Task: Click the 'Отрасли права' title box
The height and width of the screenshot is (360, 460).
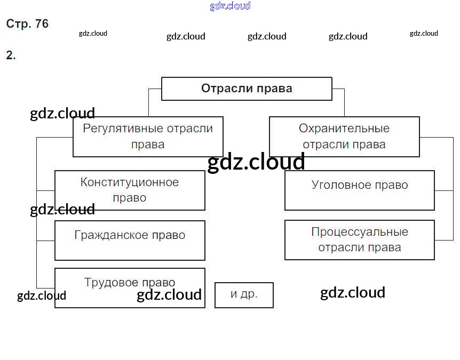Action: (x=247, y=89)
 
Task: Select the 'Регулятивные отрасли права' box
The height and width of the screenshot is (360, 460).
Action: (x=148, y=137)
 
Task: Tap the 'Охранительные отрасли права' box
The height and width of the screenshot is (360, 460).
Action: (x=344, y=137)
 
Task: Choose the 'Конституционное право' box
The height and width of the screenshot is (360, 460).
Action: (x=130, y=190)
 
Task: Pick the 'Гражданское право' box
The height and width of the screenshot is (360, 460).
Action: (x=130, y=241)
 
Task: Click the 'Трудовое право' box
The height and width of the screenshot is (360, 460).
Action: (x=130, y=287)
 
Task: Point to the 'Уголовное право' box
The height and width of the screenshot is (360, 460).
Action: (x=360, y=190)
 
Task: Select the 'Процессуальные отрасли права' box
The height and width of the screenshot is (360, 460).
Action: (x=360, y=240)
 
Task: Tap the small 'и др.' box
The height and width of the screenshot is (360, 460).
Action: (x=244, y=295)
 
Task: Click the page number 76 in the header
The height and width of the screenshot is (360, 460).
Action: (x=42, y=24)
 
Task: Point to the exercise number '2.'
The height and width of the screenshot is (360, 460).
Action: (x=11, y=55)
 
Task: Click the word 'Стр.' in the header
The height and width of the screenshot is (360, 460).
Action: (x=19, y=24)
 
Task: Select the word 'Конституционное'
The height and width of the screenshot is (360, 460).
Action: (x=130, y=182)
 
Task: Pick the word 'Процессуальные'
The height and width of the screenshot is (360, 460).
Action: (x=360, y=232)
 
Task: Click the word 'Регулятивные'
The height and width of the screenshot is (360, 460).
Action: (x=123, y=129)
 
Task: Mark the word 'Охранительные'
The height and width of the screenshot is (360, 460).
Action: (x=344, y=129)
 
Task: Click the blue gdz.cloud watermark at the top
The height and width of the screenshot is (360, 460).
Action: (x=230, y=6)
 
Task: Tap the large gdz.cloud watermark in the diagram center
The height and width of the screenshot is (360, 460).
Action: (x=256, y=162)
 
